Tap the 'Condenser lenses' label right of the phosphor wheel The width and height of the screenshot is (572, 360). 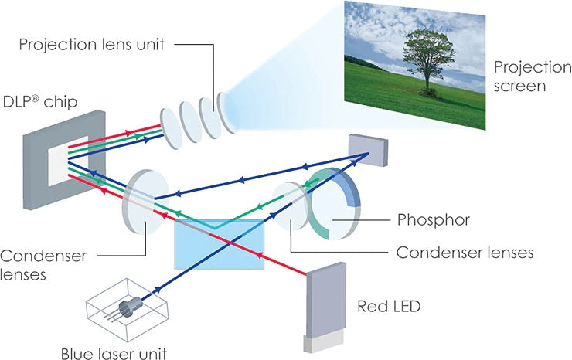coord(465,253)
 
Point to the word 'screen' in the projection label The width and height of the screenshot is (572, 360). coord(521,86)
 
